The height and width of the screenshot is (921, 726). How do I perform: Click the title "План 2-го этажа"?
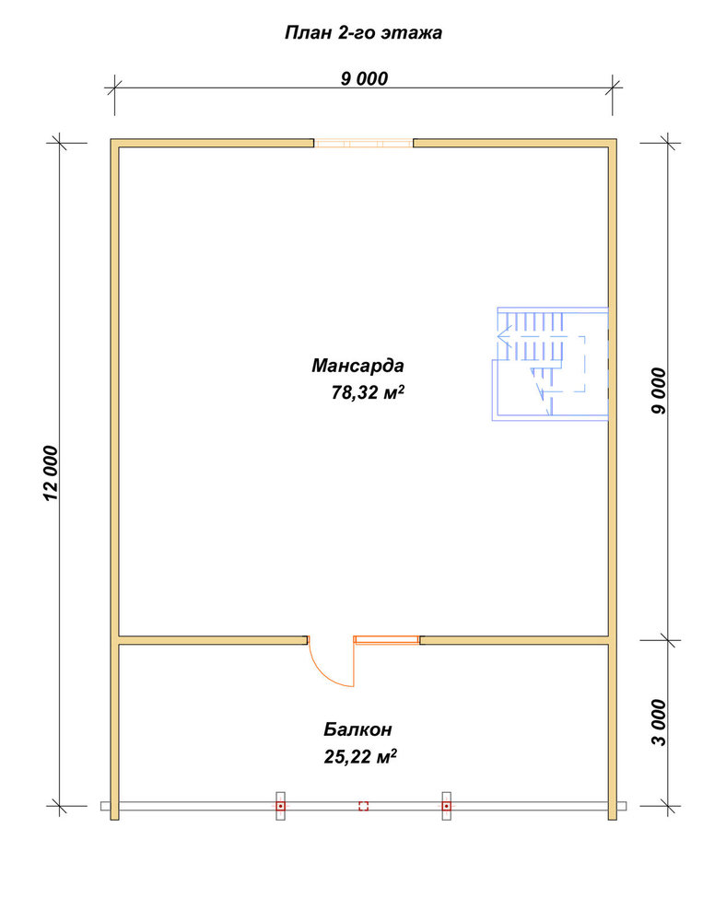pyautogui.click(x=363, y=32)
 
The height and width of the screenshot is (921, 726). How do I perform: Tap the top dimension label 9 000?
pyautogui.click(x=364, y=78)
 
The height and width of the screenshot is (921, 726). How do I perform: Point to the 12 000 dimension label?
pyautogui.click(x=52, y=472)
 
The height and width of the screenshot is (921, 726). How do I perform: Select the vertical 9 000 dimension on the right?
pyautogui.click(x=659, y=391)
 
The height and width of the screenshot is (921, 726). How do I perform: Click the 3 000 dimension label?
pyautogui.click(x=659, y=722)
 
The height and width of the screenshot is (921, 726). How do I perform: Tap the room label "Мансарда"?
pyautogui.click(x=357, y=366)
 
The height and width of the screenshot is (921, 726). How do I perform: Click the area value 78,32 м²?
pyautogui.click(x=368, y=391)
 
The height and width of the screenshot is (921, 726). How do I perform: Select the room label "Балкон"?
pyautogui.click(x=357, y=729)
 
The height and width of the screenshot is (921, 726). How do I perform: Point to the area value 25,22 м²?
pyautogui.click(x=360, y=756)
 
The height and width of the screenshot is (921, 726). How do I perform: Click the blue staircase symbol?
pyautogui.click(x=550, y=364)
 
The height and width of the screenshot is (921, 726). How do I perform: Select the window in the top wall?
pyautogui.click(x=364, y=143)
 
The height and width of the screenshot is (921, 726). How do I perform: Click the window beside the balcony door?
pyautogui.click(x=387, y=640)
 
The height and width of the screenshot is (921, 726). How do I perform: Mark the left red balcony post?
pyautogui.click(x=281, y=806)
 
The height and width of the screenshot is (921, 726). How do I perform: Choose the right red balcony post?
pyautogui.click(x=447, y=806)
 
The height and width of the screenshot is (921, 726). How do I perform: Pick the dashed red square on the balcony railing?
pyautogui.click(x=364, y=806)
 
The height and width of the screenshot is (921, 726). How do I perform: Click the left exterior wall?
pyautogui.click(x=114, y=479)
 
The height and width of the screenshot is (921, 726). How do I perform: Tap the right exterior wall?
pyautogui.click(x=613, y=479)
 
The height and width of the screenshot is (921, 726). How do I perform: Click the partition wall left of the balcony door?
pyautogui.click(x=213, y=640)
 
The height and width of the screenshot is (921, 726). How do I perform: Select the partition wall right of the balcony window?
pyautogui.click(x=514, y=640)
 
